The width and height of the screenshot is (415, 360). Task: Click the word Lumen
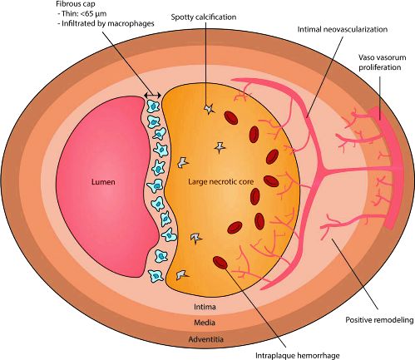[103, 182]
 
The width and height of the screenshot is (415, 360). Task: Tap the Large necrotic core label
[221, 182]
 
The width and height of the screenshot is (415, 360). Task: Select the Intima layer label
[205, 307]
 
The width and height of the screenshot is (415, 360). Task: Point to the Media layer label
[205, 323]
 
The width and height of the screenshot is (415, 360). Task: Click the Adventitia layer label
[206, 339]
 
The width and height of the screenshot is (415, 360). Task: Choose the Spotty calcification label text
[204, 17]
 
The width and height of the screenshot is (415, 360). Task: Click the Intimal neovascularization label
[343, 29]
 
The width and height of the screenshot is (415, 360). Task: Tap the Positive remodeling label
[379, 320]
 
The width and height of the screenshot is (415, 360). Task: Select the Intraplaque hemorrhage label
[297, 356]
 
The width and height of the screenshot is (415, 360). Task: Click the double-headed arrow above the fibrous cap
[152, 96]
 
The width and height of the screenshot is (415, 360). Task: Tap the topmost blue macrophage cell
[152, 106]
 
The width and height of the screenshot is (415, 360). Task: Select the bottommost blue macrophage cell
[155, 276]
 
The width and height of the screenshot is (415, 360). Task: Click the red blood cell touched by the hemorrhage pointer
[220, 263]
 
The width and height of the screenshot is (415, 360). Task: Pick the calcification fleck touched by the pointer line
[209, 109]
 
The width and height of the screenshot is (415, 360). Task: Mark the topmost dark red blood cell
[230, 118]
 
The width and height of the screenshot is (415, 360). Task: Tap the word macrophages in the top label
[131, 23]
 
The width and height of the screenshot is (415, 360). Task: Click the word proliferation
[380, 67]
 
